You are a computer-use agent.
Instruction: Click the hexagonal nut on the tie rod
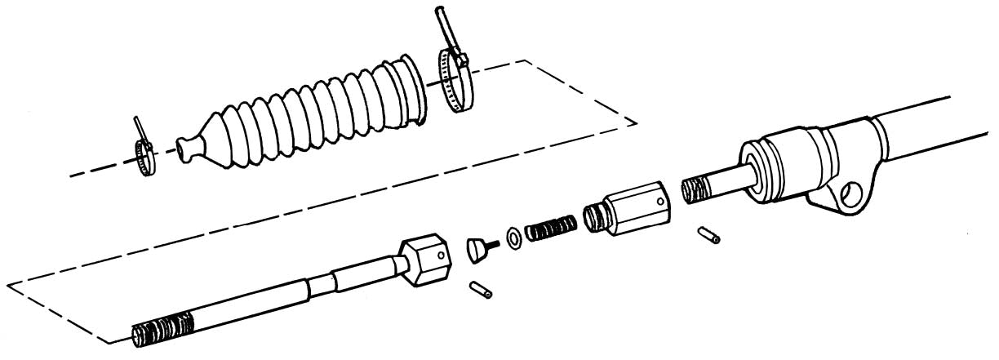coord(425,259)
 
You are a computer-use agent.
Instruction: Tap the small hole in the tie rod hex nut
coord(441,256)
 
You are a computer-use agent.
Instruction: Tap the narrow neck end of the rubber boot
coord(185,149)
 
